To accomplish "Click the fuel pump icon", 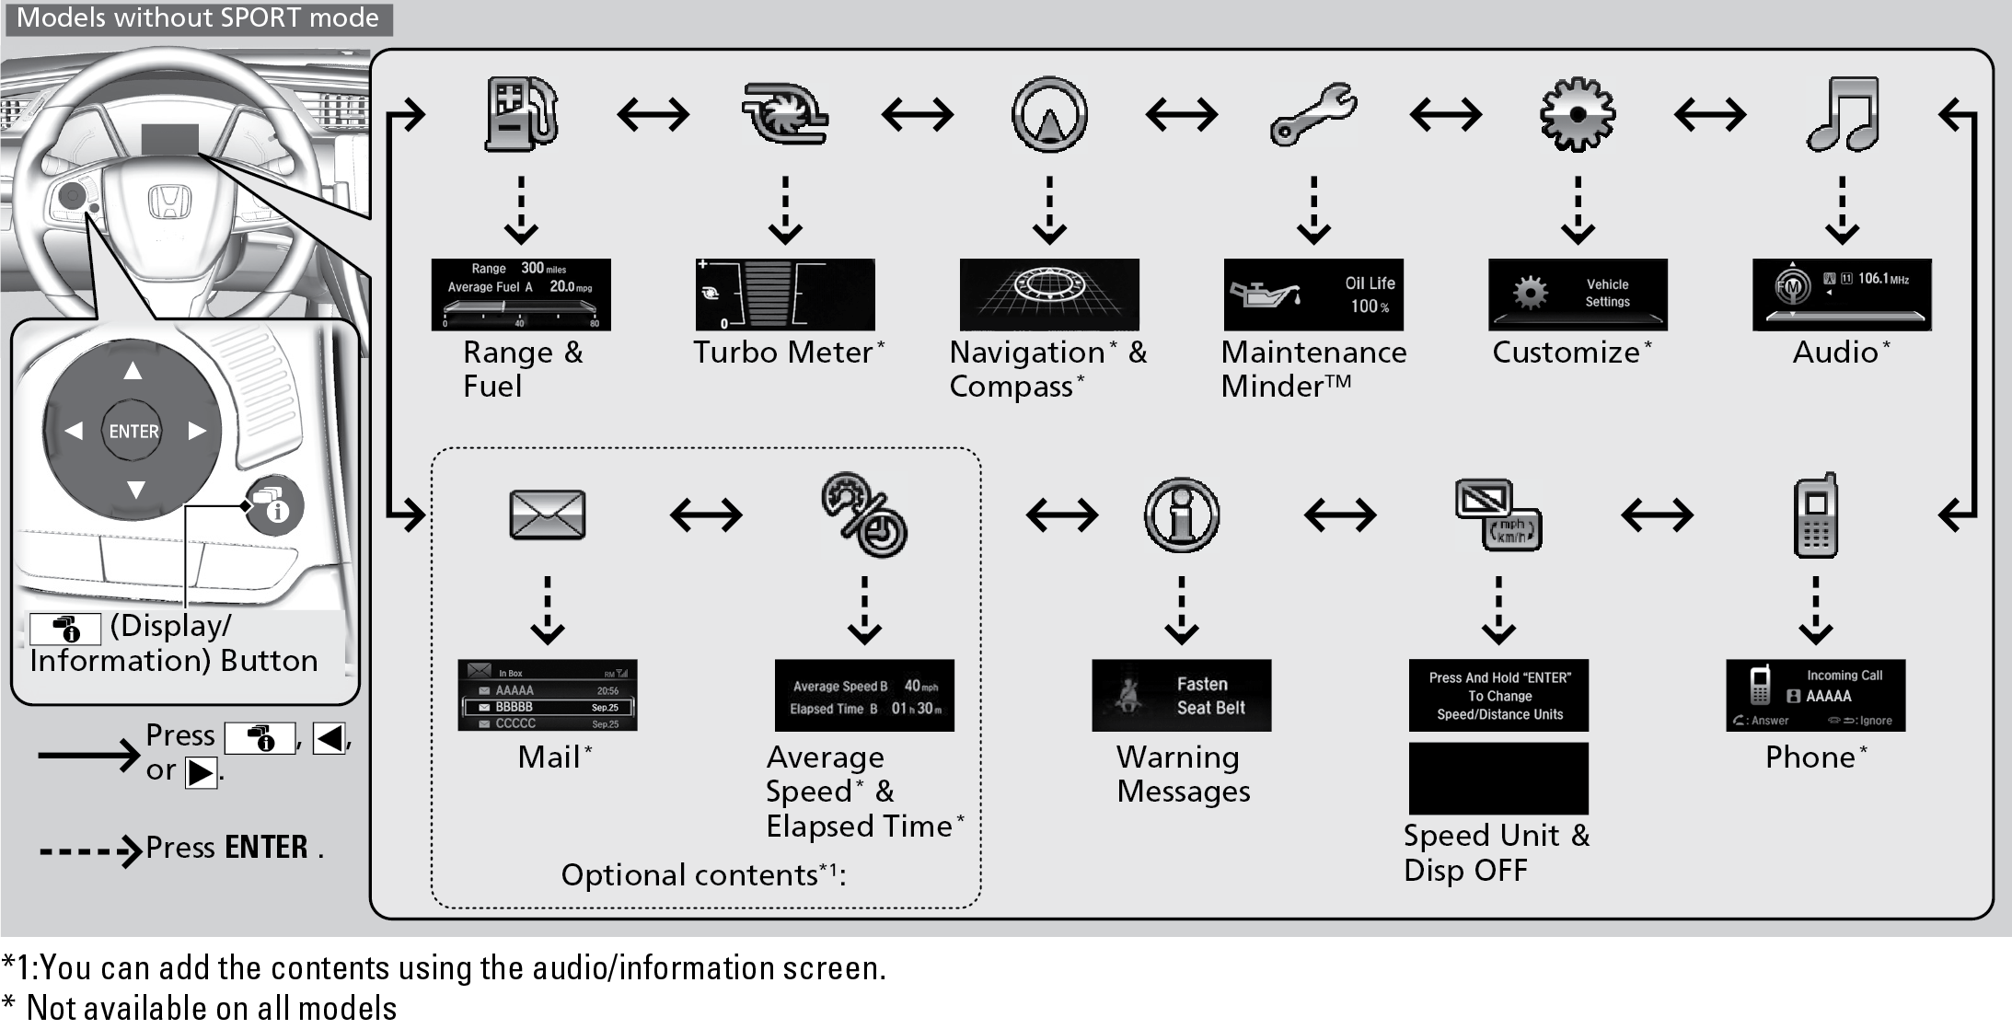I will (521, 115).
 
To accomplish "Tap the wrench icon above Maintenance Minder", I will (1312, 115).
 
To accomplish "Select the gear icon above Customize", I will (1578, 115).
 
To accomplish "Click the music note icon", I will (1842, 115).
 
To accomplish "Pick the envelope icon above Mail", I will (548, 514).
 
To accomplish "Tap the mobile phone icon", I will (1816, 515).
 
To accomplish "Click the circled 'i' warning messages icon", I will (1182, 515).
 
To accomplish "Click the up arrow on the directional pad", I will (133, 371).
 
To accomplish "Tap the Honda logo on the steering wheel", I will (169, 202).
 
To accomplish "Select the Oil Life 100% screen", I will (1313, 295).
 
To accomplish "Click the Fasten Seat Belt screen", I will (1182, 696).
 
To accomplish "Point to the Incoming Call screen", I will (1816, 696).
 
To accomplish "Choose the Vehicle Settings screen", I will (1578, 295).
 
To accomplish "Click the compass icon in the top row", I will (1049, 115).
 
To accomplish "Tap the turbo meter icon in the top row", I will (785, 115).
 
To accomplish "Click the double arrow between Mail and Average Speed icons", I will (706, 515).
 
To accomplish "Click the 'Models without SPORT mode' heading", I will (198, 18).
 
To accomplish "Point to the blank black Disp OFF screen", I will (1498, 779).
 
